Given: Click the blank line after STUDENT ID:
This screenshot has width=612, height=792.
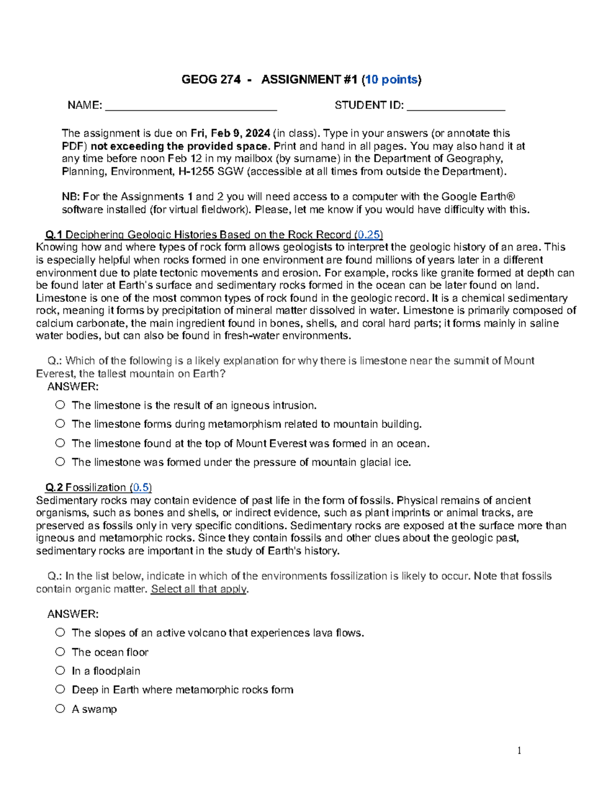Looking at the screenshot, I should pos(455,106).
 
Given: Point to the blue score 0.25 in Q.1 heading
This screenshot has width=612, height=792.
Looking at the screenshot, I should pos(369,235).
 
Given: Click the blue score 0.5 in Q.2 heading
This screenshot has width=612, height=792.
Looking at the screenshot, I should pos(141,488).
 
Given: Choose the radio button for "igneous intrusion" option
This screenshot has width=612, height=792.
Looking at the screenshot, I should pos(60,405).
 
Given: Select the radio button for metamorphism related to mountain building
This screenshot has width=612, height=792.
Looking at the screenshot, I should pos(60,424).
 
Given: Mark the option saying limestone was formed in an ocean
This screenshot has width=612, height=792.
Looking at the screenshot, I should pos(60,443).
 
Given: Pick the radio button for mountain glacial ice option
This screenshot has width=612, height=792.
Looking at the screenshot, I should pos(60,462).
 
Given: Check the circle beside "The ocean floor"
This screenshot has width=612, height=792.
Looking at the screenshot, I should pos(60,652).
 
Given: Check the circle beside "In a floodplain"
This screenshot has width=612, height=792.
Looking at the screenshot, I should pos(60,671).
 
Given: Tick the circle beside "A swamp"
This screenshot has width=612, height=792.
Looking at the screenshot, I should pos(60,709).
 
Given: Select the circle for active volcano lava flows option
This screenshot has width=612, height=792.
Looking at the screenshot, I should pos(60,633).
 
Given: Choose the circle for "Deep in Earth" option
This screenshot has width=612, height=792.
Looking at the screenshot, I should pos(60,689).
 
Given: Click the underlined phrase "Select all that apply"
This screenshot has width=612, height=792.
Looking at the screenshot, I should pos(199,590).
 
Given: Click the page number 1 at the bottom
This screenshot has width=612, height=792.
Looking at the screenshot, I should pos(519,751).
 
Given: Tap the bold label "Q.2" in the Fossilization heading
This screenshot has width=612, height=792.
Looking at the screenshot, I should pos(54,488).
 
